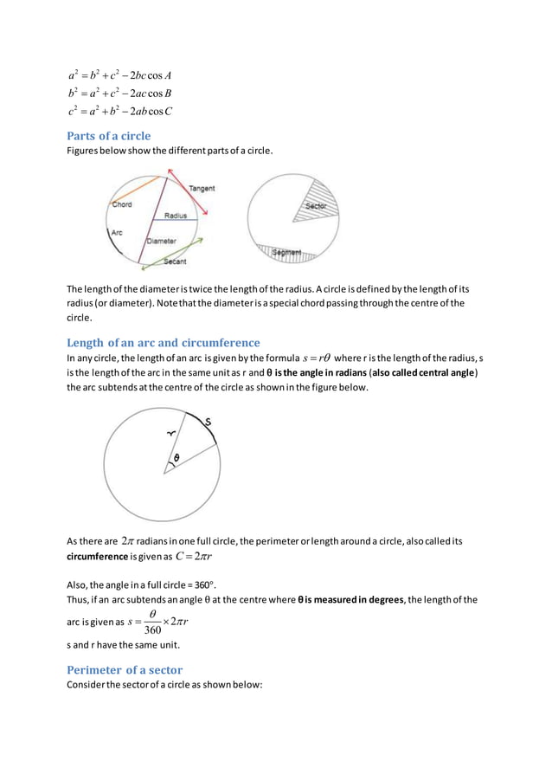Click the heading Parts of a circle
point(109,136)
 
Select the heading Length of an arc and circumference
point(164,342)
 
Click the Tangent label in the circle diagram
point(202,188)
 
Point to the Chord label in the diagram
point(121,205)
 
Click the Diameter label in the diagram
point(161,240)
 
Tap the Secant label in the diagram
point(175,261)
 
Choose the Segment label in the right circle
point(286,253)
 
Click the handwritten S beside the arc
point(208,422)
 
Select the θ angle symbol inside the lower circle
point(177,458)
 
